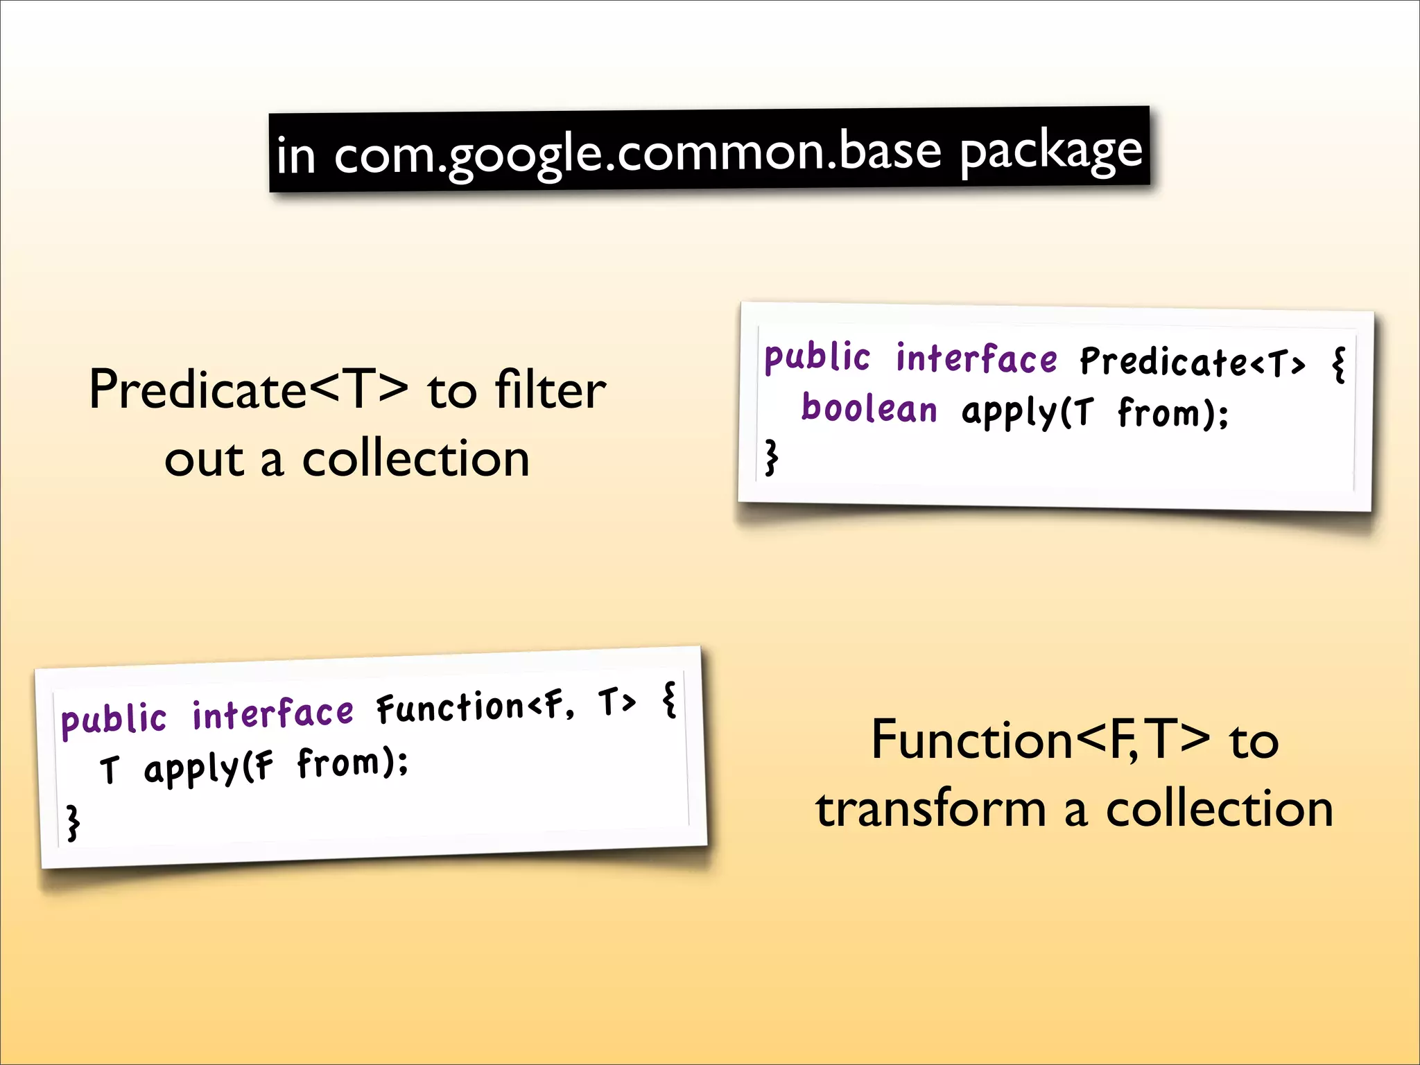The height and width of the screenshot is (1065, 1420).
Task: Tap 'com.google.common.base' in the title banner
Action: point(638,153)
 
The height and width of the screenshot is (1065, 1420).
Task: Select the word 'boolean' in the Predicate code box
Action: point(869,408)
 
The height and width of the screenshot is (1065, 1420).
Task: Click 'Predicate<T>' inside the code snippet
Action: point(1193,362)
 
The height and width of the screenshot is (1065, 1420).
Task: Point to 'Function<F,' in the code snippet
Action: point(476,707)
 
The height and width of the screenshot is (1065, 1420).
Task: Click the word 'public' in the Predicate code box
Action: point(817,358)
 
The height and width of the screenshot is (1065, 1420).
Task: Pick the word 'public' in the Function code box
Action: point(114,719)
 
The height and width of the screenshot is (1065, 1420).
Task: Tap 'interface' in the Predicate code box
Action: point(976,359)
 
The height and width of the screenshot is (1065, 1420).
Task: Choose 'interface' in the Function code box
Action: point(272,713)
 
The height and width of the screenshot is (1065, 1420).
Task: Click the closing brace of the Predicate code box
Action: point(771,457)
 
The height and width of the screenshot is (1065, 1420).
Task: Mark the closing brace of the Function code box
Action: point(73,823)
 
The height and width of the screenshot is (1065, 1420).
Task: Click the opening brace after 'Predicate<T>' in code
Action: point(1339,365)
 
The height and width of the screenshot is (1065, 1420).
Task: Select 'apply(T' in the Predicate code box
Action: point(1028,413)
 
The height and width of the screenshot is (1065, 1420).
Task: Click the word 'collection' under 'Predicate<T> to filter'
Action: point(416,459)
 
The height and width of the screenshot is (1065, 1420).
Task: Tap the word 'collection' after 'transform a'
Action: point(1220,809)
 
